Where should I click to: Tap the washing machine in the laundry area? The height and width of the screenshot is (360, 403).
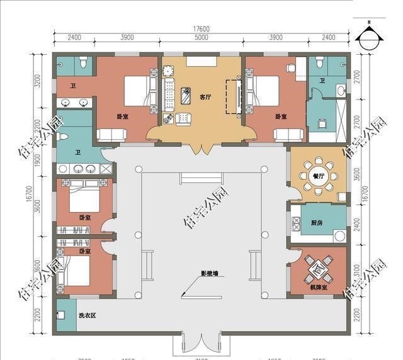tap(62, 315)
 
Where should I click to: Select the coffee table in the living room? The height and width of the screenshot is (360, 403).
tap(186, 95)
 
